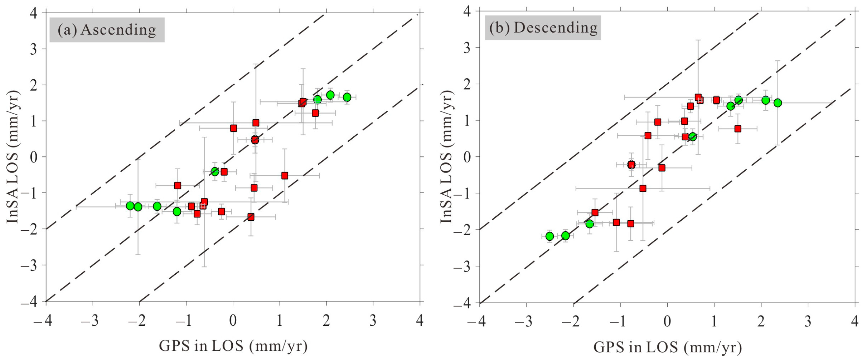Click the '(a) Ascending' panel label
[x=107, y=30]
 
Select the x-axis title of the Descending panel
[x=667, y=347]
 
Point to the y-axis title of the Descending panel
[x=446, y=157]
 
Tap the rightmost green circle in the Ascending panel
[x=347, y=97]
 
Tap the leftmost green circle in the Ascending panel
[x=131, y=206]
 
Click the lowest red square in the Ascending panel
[x=251, y=217]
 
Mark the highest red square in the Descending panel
[x=698, y=97]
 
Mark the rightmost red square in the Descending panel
[x=738, y=129]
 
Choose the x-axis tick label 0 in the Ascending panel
[x=233, y=321]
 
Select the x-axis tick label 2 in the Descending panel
[x=761, y=322]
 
